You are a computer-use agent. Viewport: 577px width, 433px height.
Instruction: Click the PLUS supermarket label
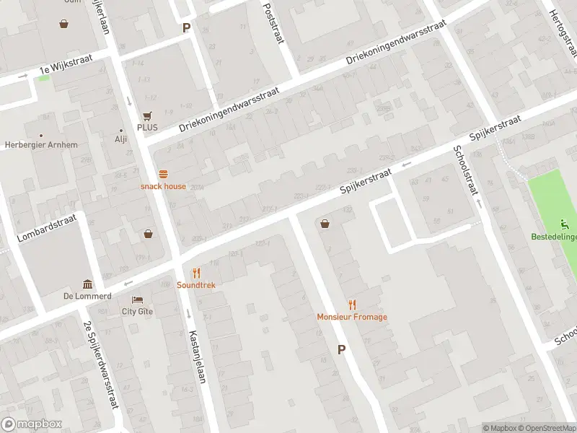[x=147, y=128]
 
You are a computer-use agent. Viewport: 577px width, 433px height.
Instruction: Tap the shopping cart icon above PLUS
[x=147, y=115]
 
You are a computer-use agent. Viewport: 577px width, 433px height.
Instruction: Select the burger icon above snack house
[x=163, y=174]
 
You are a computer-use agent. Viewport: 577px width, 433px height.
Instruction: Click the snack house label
[x=163, y=186]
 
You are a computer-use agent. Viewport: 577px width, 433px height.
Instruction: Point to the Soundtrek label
[x=196, y=285]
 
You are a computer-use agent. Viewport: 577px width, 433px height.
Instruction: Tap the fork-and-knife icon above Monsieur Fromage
[x=352, y=305]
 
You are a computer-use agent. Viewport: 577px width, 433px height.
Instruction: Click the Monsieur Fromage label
[x=352, y=317]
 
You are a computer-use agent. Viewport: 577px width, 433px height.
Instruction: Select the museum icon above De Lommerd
[x=87, y=284]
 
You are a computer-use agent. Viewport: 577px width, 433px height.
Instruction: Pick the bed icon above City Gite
[x=137, y=299]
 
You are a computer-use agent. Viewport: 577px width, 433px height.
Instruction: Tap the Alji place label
[x=120, y=140]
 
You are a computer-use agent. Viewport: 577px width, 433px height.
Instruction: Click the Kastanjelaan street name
[x=194, y=357]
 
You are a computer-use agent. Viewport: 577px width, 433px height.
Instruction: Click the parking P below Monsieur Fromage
[x=342, y=349]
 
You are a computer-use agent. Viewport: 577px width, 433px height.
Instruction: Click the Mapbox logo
[x=32, y=424]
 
